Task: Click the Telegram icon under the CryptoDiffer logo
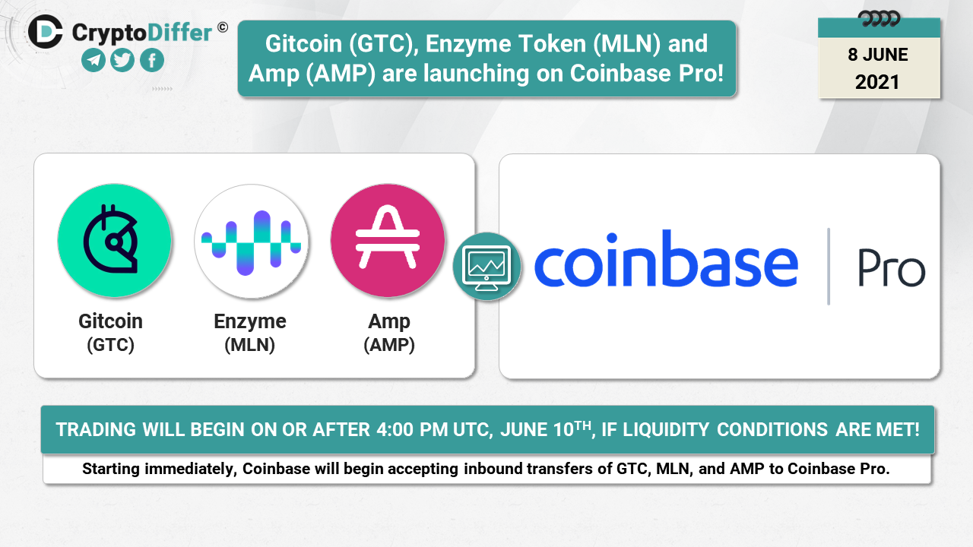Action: point(93,60)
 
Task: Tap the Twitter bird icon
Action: point(122,60)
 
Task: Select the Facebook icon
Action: point(152,60)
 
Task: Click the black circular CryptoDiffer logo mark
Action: point(46,32)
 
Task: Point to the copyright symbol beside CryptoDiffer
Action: point(223,27)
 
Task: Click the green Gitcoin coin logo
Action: point(115,241)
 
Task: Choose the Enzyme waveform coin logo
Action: point(251,242)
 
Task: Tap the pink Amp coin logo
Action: point(388,241)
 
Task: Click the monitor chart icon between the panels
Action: point(487,267)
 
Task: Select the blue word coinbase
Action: point(666,259)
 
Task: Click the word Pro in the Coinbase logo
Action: point(892,268)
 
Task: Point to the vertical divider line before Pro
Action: point(829,266)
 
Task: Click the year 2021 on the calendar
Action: point(877,82)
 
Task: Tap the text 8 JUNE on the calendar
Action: point(878,55)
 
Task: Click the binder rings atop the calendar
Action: point(879,19)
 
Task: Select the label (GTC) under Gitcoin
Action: point(111,345)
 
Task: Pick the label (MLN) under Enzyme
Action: point(250,345)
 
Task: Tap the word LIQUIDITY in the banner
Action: point(667,430)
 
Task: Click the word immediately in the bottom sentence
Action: point(190,469)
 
